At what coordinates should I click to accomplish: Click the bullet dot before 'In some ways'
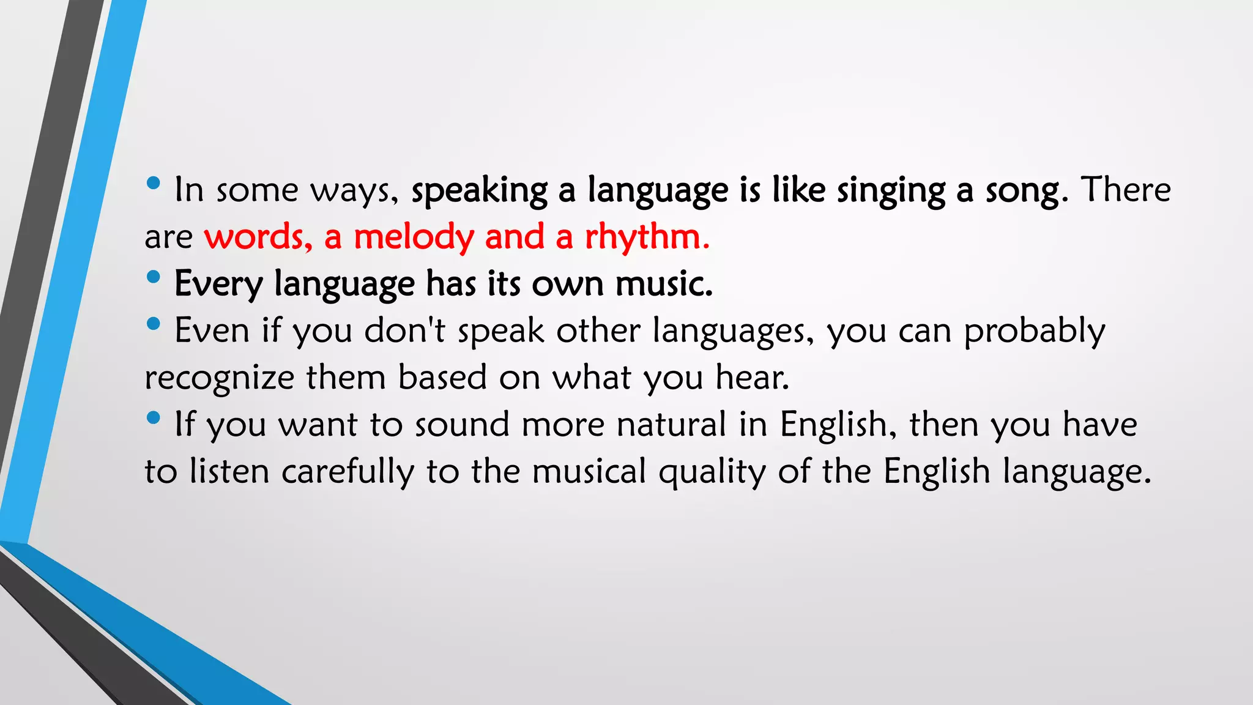click(x=154, y=182)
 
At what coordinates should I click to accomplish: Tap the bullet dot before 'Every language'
click(x=154, y=277)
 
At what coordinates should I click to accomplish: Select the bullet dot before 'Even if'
click(x=154, y=323)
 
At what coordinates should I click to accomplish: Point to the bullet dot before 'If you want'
click(x=154, y=418)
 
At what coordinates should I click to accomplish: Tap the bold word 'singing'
click(x=891, y=191)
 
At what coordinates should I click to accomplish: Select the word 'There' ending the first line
click(x=1126, y=189)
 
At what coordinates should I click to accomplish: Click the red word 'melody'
click(x=414, y=237)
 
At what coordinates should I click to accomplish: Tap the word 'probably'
click(x=1035, y=332)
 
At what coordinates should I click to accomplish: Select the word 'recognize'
click(x=220, y=378)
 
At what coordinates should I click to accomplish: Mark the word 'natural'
click(x=671, y=424)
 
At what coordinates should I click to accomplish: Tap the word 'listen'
click(x=229, y=472)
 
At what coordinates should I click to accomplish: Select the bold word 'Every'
click(x=218, y=285)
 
